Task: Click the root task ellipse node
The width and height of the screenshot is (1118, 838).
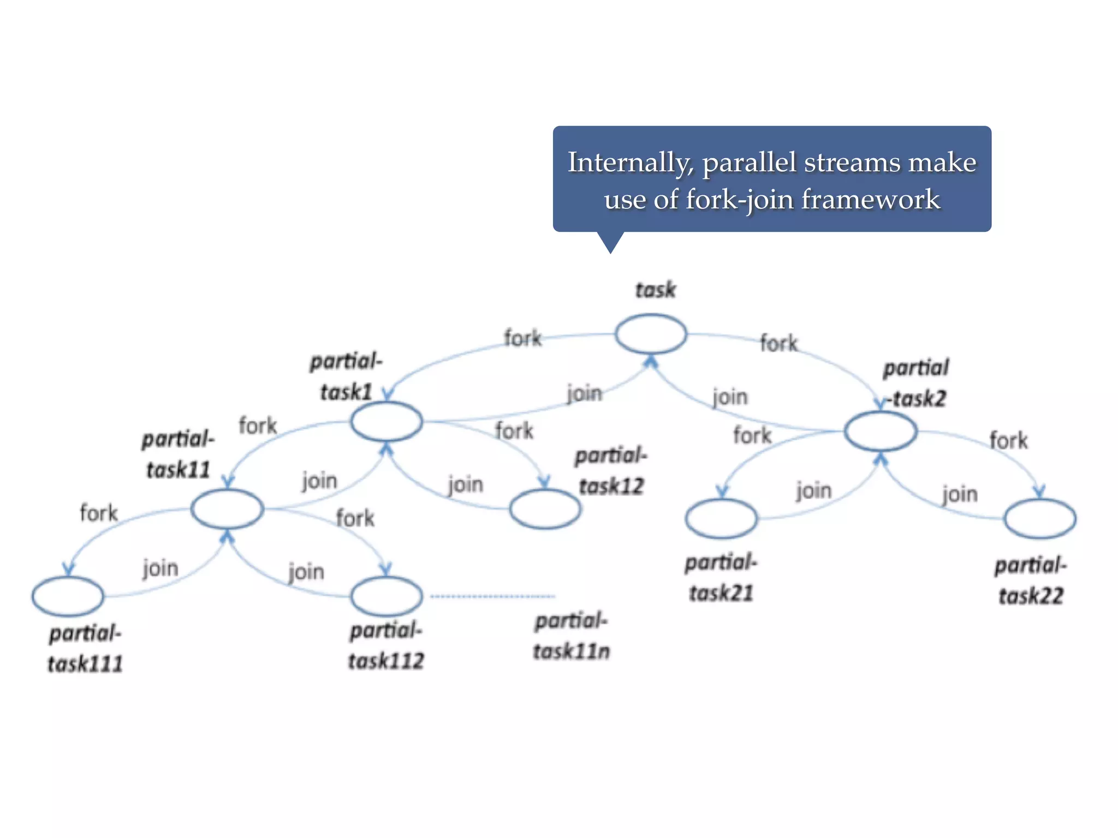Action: tap(651, 334)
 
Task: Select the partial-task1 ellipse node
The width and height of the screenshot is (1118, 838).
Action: tap(386, 421)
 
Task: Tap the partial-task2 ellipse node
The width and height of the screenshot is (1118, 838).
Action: tap(880, 431)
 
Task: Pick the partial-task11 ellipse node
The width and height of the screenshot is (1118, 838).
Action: tap(227, 508)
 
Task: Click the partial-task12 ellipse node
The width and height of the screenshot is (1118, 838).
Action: tap(545, 508)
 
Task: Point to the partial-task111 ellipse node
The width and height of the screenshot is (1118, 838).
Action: tap(68, 596)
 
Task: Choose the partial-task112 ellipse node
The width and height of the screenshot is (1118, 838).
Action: tap(386, 596)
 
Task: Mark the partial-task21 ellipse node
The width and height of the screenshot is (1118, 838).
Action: tap(721, 518)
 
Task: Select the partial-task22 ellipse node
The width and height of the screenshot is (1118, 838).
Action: tap(1040, 518)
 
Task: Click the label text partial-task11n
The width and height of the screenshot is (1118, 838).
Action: tap(571, 636)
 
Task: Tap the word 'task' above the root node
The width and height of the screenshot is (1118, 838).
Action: tap(656, 290)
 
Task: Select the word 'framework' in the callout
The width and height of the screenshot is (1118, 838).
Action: tap(871, 199)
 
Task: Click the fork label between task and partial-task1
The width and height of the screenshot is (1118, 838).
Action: tap(522, 338)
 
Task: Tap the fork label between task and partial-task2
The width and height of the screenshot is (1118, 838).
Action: tap(779, 344)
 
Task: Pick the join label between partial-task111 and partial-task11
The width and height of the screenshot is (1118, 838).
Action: tap(160, 568)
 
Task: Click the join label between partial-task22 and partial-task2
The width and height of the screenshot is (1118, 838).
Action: tap(960, 494)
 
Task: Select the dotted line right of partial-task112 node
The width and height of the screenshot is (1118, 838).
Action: tap(492, 596)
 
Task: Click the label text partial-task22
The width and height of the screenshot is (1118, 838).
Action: tap(1031, 581)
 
